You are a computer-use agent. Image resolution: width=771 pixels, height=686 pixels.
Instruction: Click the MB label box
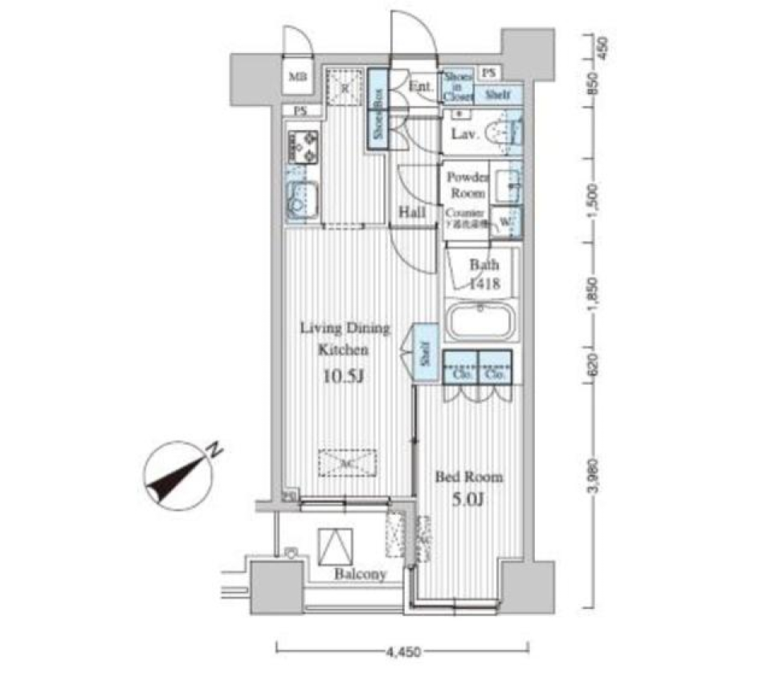(298, 78)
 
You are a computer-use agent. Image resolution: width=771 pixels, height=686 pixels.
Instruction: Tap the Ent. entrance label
(420, 87)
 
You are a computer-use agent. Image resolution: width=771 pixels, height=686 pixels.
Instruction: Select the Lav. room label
(465, 135)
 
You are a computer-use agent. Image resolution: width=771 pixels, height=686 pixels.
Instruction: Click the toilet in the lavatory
(504, 133)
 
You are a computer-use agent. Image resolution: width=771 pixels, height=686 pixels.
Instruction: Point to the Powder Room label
(467, 185)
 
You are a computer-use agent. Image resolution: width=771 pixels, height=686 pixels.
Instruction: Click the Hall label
(411, 213)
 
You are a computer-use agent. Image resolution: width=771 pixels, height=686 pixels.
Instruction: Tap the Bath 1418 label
(484, 273)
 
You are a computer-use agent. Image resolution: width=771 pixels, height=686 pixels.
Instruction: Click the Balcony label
(361, 574)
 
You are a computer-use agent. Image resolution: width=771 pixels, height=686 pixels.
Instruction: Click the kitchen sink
(303, 201)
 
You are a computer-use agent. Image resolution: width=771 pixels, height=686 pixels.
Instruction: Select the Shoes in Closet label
(459, 85)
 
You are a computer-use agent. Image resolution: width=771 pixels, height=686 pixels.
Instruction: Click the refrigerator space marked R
(344, 86)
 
